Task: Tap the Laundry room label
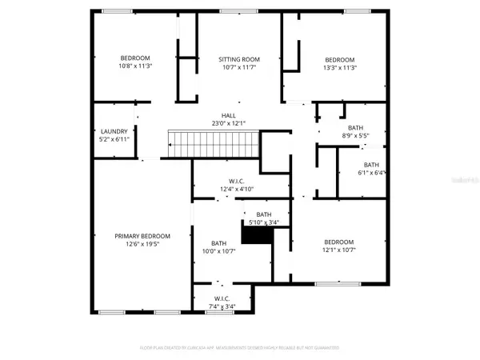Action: point(114,131)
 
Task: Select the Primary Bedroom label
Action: point(142,236)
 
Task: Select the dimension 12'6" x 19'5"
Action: point(142,245)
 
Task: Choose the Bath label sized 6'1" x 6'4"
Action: point(372,165)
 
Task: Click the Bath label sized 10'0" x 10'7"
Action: point(218,243)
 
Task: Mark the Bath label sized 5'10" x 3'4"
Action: point(264,214)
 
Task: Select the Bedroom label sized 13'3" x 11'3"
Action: point(339,60)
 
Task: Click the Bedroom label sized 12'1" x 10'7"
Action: point(338,242)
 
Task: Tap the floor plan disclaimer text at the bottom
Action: point(240,348)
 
